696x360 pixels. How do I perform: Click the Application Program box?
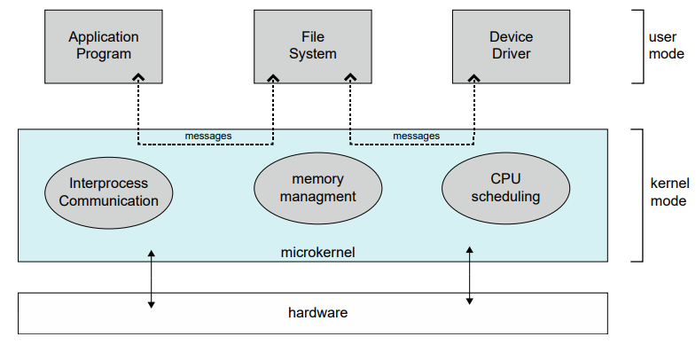tap(104, 46)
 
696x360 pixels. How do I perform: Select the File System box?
tap(313, 46)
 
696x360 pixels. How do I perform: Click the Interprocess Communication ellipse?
tap(108, 192)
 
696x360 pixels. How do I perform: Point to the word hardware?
tap(317, 312)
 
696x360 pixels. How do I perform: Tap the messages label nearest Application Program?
tap(208, 136)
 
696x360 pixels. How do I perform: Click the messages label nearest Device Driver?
tap(416, 136)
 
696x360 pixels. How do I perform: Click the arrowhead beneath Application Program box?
tap(138, 78)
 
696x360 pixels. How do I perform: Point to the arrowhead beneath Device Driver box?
tap(473, 78)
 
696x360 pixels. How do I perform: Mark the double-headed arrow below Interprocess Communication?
tap(152, 278)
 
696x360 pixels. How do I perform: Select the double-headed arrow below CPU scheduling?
tap(469, 276)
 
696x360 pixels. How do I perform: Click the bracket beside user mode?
tap(637, 46)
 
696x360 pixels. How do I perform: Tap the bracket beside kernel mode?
tap(637, 195)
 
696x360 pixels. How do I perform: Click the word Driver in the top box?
tap(511, 54)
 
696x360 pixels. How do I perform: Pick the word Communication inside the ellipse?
tap(108, 200)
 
